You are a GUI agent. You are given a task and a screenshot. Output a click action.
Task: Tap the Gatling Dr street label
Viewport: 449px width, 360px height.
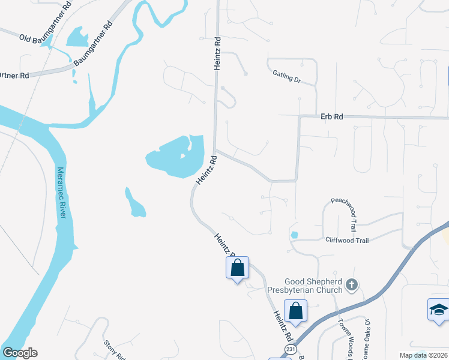(x=286, y=76)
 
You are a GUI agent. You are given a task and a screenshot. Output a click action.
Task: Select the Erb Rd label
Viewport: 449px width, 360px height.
(x=331, y=117)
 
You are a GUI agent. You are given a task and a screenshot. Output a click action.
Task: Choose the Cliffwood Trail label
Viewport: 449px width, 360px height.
(x=346, y=240)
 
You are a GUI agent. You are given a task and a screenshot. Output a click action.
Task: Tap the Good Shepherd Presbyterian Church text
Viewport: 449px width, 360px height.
(x=313, y=286)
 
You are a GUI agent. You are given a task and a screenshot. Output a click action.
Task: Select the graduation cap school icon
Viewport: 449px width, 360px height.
(x=438, y=310)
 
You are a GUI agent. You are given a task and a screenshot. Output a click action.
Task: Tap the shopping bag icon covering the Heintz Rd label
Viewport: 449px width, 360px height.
(x=237, y=268)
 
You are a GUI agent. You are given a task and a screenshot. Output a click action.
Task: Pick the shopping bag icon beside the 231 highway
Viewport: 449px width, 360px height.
(x=295, y=311)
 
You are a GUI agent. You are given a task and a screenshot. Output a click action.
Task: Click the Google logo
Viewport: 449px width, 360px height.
(x=20, y=353)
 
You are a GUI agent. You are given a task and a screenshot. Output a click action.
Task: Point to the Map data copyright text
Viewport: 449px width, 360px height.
(x=423, y=355)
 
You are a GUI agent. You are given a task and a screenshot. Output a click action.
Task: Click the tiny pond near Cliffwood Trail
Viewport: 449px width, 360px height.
(x=294, y=235)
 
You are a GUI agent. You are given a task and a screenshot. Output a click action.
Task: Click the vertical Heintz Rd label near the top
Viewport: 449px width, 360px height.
(x=218, y=53)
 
